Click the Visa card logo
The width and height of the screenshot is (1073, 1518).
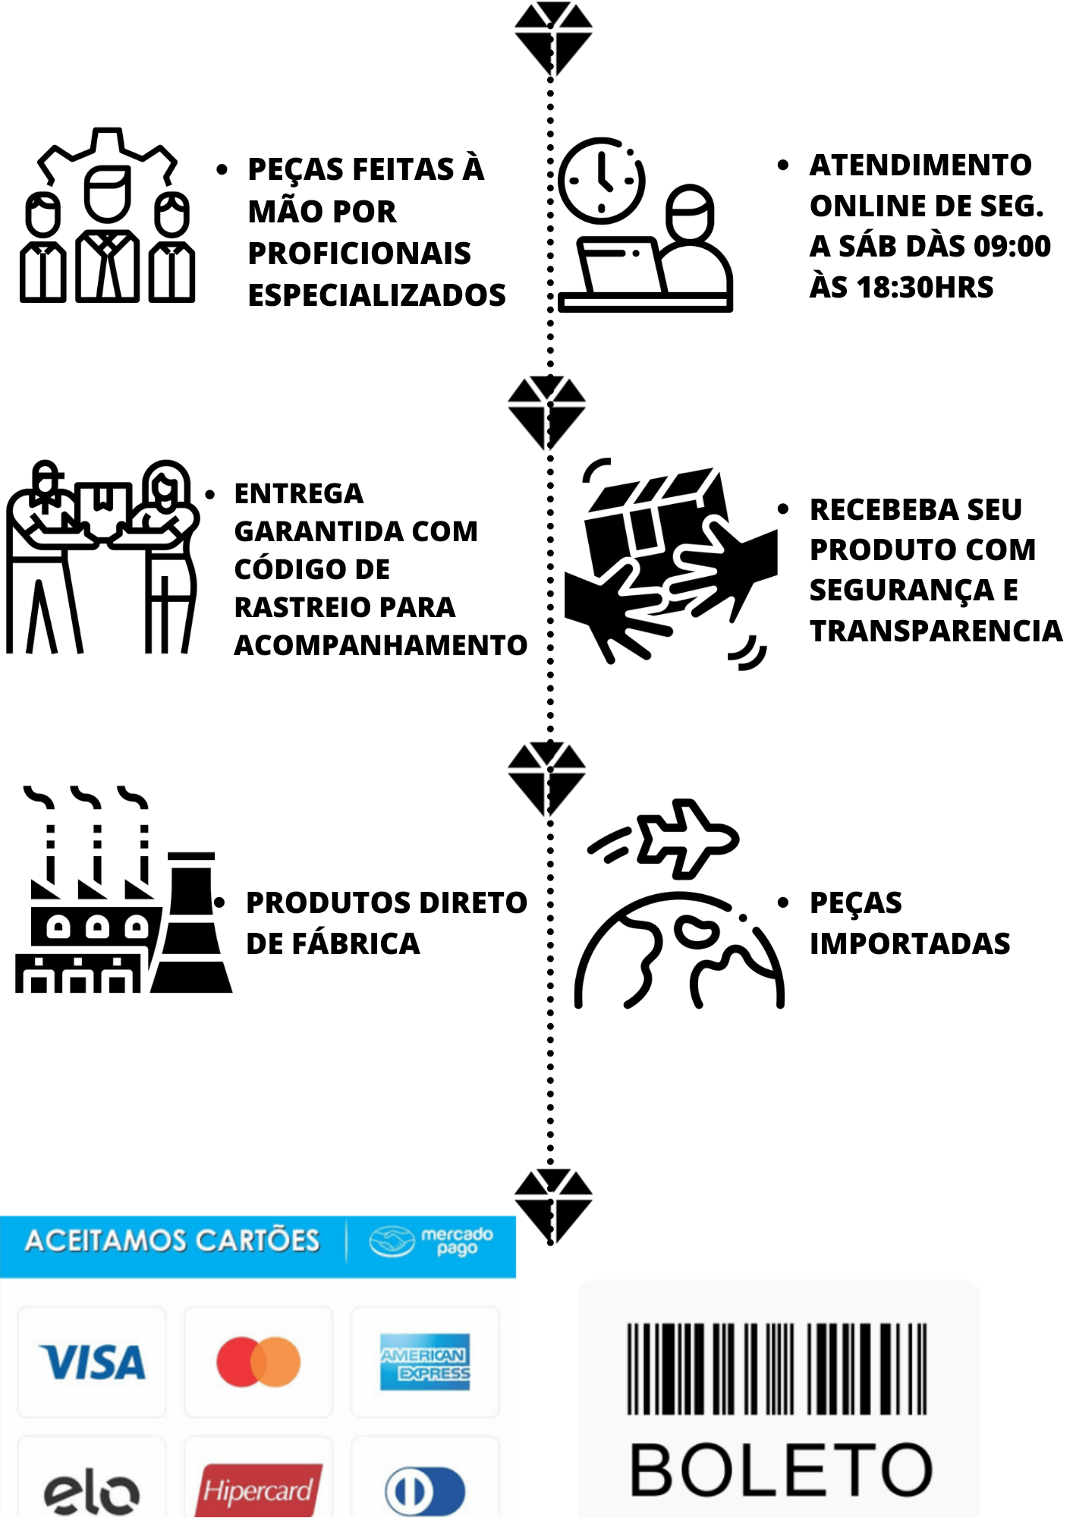[92, 1362]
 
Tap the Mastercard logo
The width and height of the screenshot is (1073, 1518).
[259, 1362]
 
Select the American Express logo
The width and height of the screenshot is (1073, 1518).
[425, 1362]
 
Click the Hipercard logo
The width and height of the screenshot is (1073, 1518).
[259, 1491]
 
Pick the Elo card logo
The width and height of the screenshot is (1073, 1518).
[92, 1494]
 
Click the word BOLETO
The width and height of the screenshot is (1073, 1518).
[781, 1470]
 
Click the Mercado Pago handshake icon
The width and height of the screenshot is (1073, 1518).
[392, 1242]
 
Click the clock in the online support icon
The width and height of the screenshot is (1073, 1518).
[602, 181]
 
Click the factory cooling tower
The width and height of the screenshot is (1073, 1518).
[191, 922]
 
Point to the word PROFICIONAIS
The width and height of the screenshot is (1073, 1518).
[360, 254]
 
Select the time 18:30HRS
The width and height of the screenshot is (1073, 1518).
[925, 287]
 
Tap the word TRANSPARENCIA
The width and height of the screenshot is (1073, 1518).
[936, 631]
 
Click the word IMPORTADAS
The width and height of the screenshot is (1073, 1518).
[910, 943]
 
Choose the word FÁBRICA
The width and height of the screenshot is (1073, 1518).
[356, 943]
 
